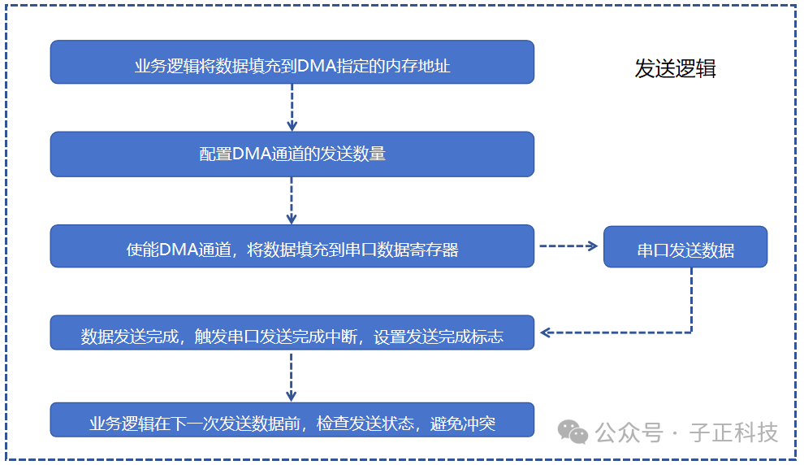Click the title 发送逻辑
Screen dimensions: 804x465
pyautogui.click(x=675, y=69)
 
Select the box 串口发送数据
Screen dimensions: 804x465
pyautogui.click(x=685, y=247)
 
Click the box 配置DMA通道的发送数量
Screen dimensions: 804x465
pyautogui.click(x=292, y=154)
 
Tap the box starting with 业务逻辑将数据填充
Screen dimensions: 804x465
pyautogui.click(x=292, y=62)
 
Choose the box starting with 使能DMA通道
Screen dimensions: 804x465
pyautogui.click(x=292, y=246)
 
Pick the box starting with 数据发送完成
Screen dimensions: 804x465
pyautogui.click(x=292, y=332)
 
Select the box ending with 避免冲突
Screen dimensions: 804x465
pyautogui.click(x=292, y=419)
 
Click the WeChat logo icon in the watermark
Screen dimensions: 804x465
pyautogui.click(x=573, y=432)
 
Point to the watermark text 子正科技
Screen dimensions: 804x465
pyautogui.click(x=734, y=432)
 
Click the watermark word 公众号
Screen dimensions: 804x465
pyautogui.click(x=629, y=432)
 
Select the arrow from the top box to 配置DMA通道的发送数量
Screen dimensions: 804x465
pyautogui.click(x=292, y=107)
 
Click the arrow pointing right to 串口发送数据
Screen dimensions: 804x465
pyautogui.click(x=568, y=246)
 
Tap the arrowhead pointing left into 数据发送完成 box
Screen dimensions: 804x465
pyautogui.click(x=545, y=332)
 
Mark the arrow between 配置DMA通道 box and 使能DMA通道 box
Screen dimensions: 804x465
pyautogui.click(x=292, y=201)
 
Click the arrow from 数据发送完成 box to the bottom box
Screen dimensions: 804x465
pyautogui.click(x=292, y=377)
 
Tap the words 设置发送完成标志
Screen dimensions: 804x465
pyautogui.click(x=439, y=337)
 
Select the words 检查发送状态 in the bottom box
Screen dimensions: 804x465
pyautogui.click(x=365, y=424)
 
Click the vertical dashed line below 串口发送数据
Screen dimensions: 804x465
pyautogui.click(x=691, y=300)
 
